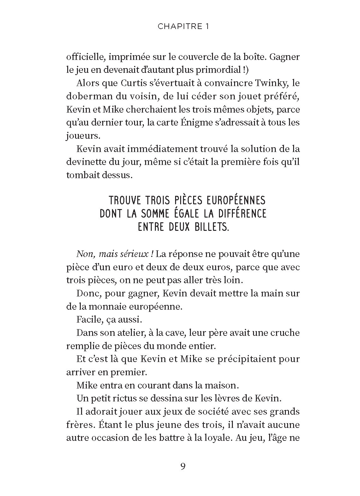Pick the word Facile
(87, 319)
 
